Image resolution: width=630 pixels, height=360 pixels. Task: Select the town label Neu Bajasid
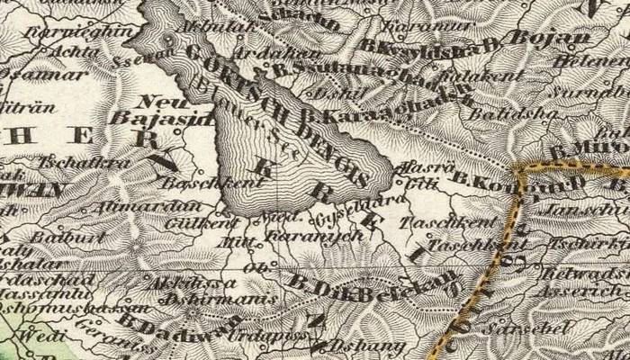click(161, 110)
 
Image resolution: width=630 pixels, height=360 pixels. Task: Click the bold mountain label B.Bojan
click(550, 38)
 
